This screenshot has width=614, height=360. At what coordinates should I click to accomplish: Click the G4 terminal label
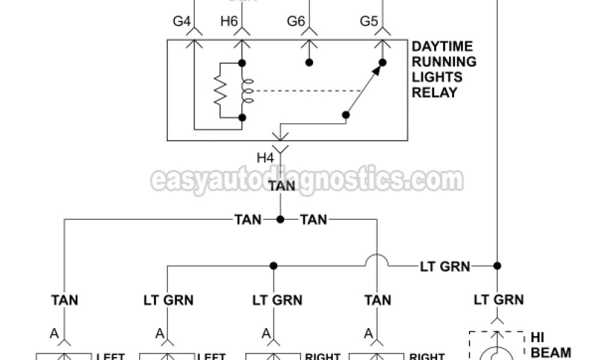pos(182,22)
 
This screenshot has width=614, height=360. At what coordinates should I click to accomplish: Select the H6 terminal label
pos(229,22)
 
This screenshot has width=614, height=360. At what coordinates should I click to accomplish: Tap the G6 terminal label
pos(296,22)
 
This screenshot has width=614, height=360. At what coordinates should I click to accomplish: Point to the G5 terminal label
pos(369,22)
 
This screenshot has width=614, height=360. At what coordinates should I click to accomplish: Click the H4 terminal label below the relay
pos(266,158)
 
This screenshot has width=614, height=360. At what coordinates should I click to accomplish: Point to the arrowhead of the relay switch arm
pos(376,70)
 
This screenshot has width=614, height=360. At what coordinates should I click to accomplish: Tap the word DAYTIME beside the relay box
pos(443,46)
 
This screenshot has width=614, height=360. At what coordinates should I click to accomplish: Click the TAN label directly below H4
pos(281,186)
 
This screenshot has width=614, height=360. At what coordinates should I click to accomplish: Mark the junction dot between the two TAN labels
pos(280,220)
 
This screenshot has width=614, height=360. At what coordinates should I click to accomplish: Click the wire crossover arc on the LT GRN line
pos(378,260)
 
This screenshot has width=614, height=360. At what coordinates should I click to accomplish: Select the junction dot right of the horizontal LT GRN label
pos(496,265)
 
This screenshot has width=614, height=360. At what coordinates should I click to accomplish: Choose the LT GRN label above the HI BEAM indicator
pos(499,299)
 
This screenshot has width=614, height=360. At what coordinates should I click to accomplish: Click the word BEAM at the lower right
pos(551,352)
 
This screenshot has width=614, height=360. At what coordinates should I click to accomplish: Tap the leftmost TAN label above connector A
pos(64,299)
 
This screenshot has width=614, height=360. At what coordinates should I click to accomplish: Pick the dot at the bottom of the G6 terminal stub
pos(309,62)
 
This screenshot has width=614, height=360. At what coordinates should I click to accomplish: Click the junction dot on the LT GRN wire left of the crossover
pos(273,265)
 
